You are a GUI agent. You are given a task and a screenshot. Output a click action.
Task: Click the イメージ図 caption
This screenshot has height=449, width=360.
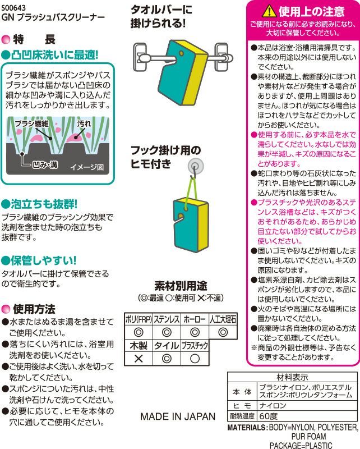tap(87, 167)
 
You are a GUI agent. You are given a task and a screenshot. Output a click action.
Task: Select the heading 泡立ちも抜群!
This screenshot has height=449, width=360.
tap(43, 203)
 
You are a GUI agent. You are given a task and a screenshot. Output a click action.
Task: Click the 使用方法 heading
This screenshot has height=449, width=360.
tap(34, 309)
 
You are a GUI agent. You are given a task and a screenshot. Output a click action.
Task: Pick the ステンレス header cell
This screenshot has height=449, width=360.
tap(167, 319)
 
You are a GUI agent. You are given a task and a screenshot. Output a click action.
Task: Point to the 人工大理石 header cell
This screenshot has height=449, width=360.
tap(223, 319)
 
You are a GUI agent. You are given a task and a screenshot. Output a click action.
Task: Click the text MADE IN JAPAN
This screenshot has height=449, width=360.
tap(177, 416)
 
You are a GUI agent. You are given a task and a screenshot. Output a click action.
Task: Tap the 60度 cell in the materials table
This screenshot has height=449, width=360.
tap(269, 416)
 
